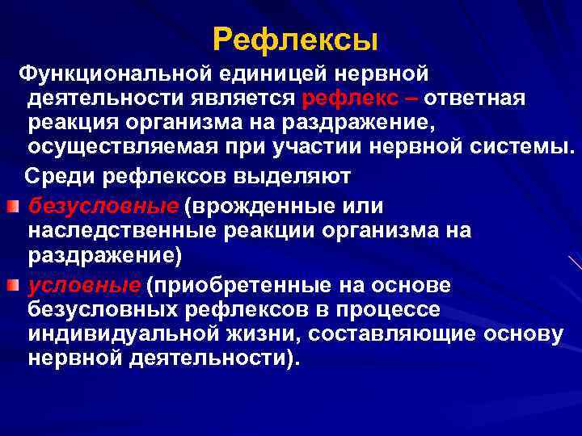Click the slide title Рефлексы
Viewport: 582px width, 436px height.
[296, 38]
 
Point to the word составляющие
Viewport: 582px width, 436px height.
[375, 333]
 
